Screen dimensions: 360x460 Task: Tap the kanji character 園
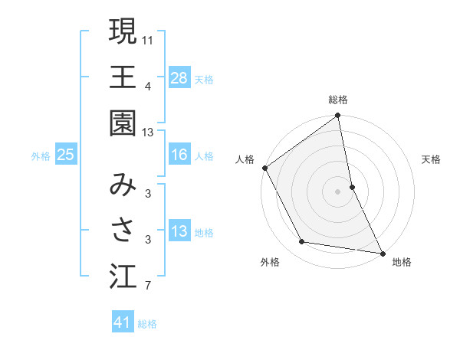point(123,123)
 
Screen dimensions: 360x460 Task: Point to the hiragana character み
point(123,185)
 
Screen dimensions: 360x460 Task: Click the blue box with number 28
point(179,78)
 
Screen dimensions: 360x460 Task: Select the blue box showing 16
point(179,155)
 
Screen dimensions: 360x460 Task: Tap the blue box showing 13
point(179,231)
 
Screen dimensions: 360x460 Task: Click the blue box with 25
point(66,155)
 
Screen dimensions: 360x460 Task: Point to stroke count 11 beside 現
point(148,38)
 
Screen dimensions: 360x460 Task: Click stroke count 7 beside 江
point(147,286)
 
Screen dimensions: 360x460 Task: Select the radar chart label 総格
point(338,100)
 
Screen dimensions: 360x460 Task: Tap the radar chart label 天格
point(432,159)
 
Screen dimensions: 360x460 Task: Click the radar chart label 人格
point(245,159)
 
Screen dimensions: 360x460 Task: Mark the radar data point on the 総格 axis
point(338,116)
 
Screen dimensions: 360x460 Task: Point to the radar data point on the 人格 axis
point(265,168)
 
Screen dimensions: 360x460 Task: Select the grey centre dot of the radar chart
point(338,191)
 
